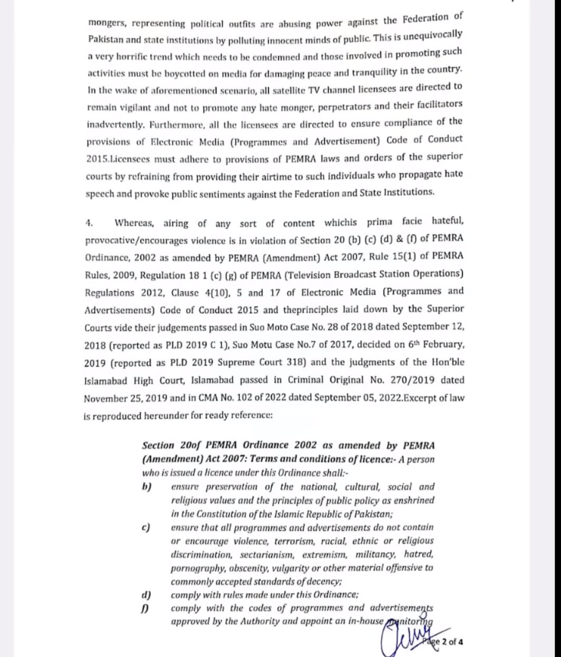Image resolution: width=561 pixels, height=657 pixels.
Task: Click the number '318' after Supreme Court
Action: point(295,361)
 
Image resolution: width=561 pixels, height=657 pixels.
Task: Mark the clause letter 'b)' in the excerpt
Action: point(146,487)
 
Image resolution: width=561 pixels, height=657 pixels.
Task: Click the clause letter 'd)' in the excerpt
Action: point(146,596)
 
